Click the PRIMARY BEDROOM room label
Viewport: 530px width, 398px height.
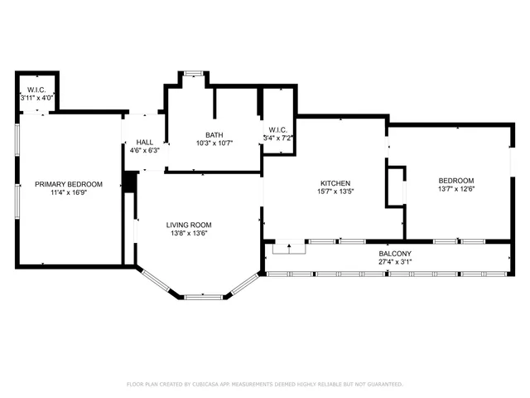tap(68, 183)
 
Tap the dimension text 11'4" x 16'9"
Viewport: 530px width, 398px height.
tap(68, 192)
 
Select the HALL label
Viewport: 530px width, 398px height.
tap(145, 143)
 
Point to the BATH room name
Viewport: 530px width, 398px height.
tap(214, 134)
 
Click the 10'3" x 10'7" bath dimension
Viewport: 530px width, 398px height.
tap(214, 143)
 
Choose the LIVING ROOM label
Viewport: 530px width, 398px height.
tap(189, 225)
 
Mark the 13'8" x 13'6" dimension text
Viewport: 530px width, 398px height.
tap(189, 234)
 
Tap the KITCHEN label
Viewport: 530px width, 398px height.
tap(335, 183)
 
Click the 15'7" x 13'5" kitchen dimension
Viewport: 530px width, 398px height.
tap(335, 192)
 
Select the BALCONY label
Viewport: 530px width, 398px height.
tap(395, 254)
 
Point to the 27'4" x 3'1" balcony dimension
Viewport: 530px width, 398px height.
tap(395, 263)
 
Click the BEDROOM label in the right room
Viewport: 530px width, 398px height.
tap(456, 181)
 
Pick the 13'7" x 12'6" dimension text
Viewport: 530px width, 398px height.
tap(456, 190)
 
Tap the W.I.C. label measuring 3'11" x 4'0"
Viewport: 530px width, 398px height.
tap(36, 90)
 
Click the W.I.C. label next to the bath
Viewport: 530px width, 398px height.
tap(277, 129)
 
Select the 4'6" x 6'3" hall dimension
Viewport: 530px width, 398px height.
tap(145, 151)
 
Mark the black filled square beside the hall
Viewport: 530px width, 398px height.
tap(129, 182)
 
